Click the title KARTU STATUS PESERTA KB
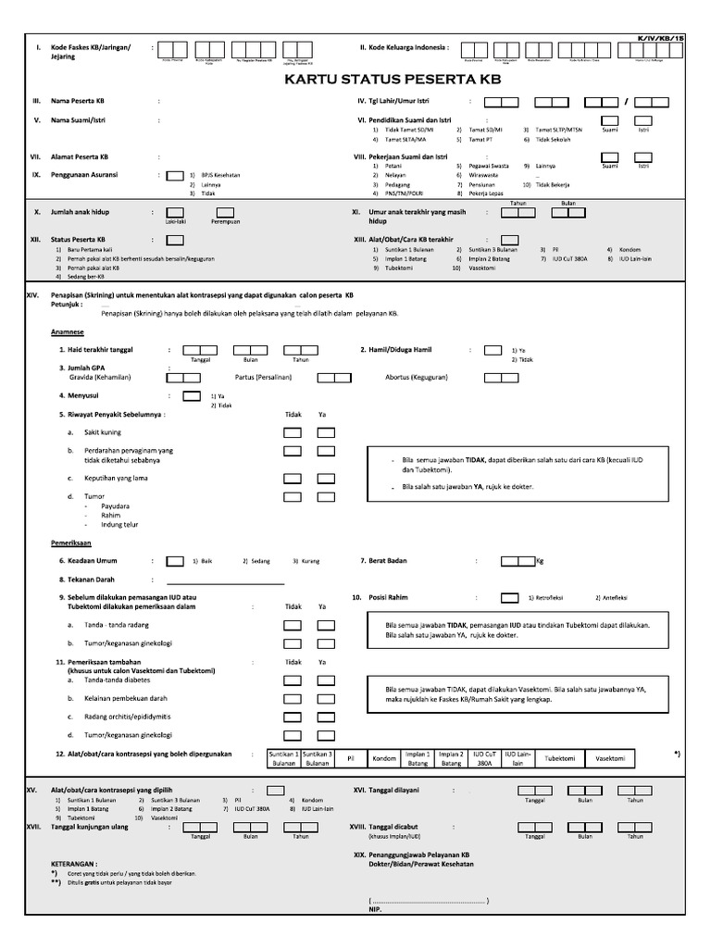[392, 81]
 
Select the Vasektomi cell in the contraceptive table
[610, 758]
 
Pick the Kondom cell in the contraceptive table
[383, 758]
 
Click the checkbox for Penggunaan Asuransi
[174, 174]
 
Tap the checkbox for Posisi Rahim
[508, 597]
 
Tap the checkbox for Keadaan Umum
[174, 560]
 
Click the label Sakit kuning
[103, 432]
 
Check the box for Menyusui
[192, 395]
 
